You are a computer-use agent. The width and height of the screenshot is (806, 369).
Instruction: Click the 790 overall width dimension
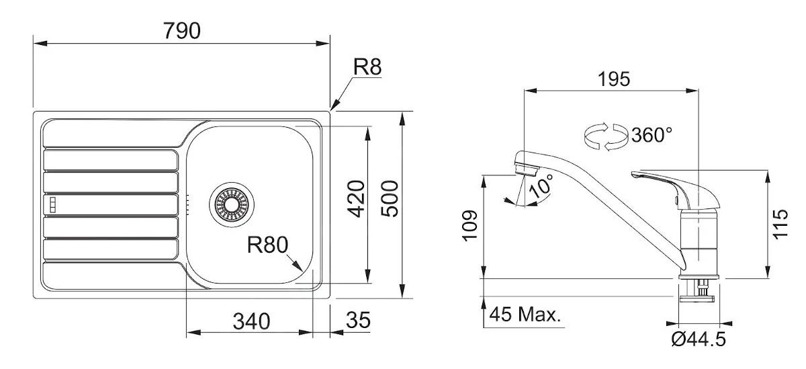tap(181, 31)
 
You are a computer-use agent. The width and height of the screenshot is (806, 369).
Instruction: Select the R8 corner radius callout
tap(367, 67)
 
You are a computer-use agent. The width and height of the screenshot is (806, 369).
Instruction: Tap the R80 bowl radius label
tap(267, 245)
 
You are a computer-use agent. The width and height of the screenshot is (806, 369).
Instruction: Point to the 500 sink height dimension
tap(390, 198)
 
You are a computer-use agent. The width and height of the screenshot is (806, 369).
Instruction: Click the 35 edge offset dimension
tap(357, 321)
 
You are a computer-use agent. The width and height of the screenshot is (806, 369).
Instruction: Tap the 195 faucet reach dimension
tap(614, 79)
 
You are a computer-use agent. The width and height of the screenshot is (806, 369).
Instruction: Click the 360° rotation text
tap(652, 134)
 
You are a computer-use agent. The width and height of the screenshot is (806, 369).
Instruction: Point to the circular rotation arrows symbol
tap(604, 136)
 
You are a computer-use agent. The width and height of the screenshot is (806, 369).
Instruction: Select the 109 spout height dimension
tap(471, 225)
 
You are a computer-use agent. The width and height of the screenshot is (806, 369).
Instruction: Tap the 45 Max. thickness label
tap(525, 315)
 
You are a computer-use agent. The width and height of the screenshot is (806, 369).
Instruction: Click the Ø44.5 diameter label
tap(699, 339)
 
